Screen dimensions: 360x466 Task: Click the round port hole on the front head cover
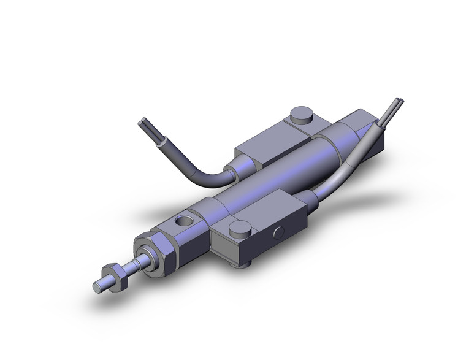(182, 219)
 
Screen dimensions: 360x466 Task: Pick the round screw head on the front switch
(239, 228)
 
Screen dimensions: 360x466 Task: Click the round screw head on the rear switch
(300, 114)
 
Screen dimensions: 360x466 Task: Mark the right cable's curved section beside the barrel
(343, 166)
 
